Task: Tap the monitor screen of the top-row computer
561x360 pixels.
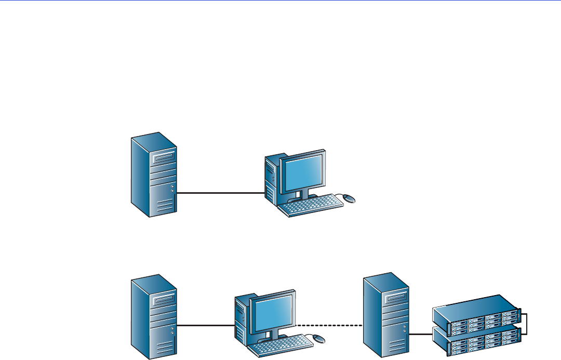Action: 302,171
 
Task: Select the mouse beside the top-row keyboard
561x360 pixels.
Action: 350,198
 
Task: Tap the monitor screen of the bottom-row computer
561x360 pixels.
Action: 273,312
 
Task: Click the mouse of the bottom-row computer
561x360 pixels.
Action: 319,339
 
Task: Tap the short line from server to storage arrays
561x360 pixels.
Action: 421,334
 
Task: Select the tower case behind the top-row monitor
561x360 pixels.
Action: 271,179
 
